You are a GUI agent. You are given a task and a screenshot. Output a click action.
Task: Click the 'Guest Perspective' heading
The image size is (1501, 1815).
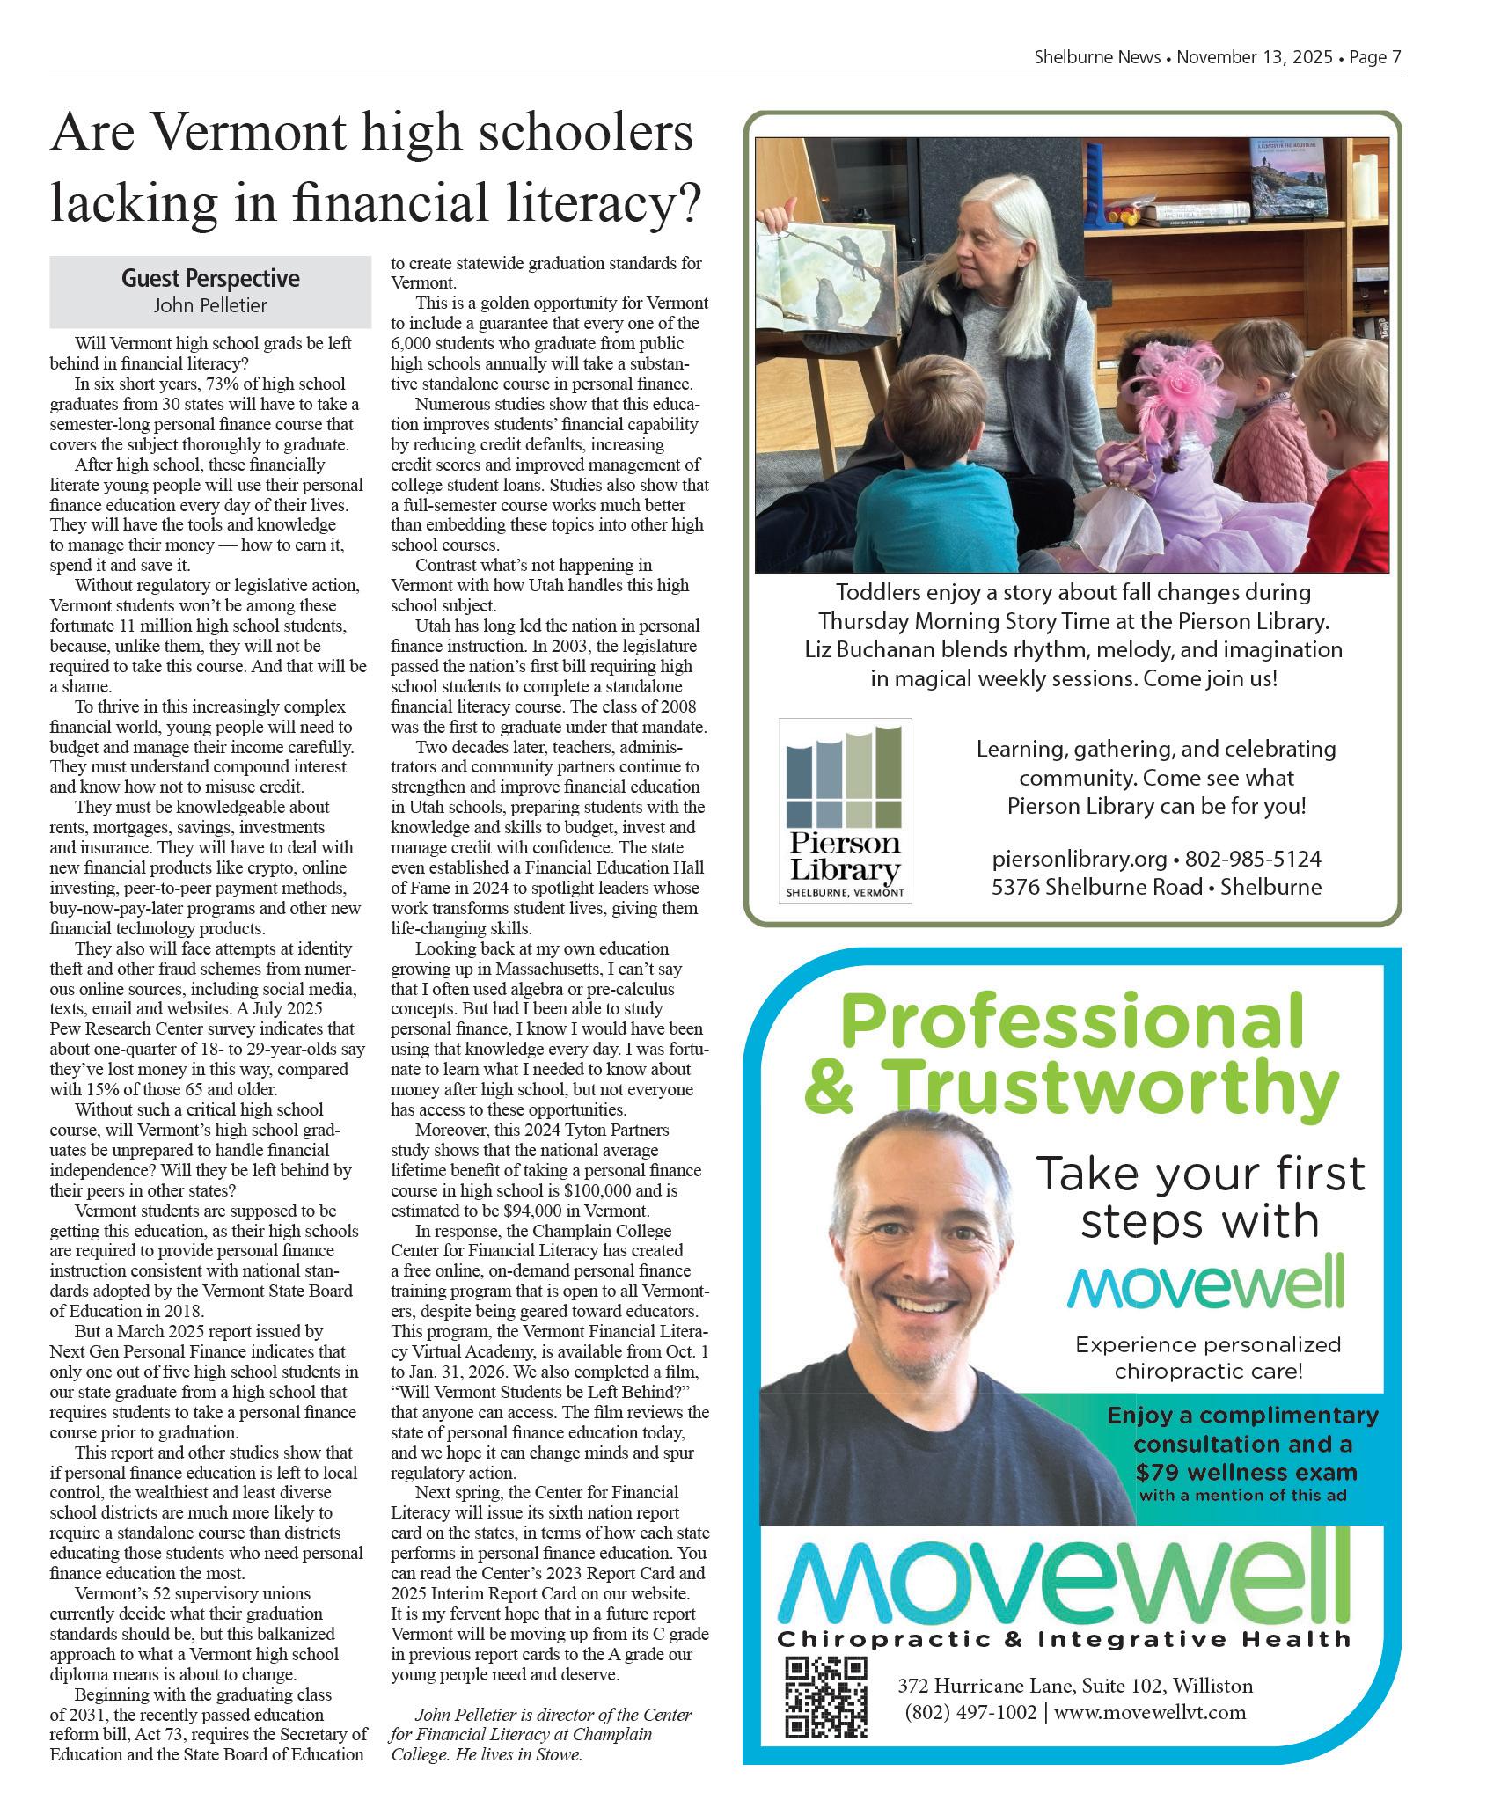tap(210, 279)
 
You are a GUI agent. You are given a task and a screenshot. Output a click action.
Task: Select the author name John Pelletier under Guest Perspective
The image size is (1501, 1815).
tap(210, 306)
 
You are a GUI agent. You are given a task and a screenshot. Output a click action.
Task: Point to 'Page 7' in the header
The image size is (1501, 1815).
tap(1374, 58)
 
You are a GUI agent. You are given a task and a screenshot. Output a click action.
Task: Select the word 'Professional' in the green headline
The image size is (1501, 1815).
tap(1072, 1021)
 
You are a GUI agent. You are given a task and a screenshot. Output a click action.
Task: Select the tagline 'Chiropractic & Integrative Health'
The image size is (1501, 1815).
tap(1063, 1639)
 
